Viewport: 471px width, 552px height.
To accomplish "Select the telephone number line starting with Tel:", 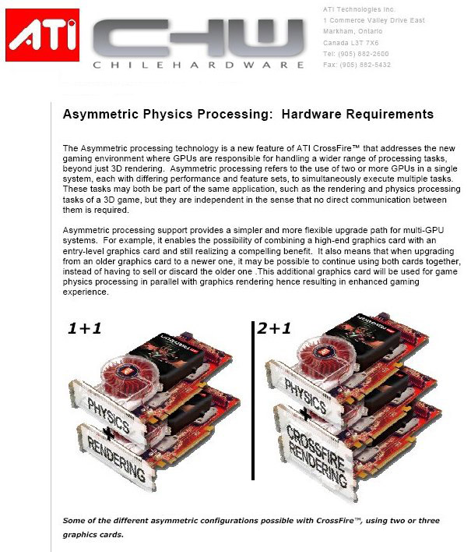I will click(354, 55).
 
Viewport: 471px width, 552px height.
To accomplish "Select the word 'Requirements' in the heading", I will click(388, 115).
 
